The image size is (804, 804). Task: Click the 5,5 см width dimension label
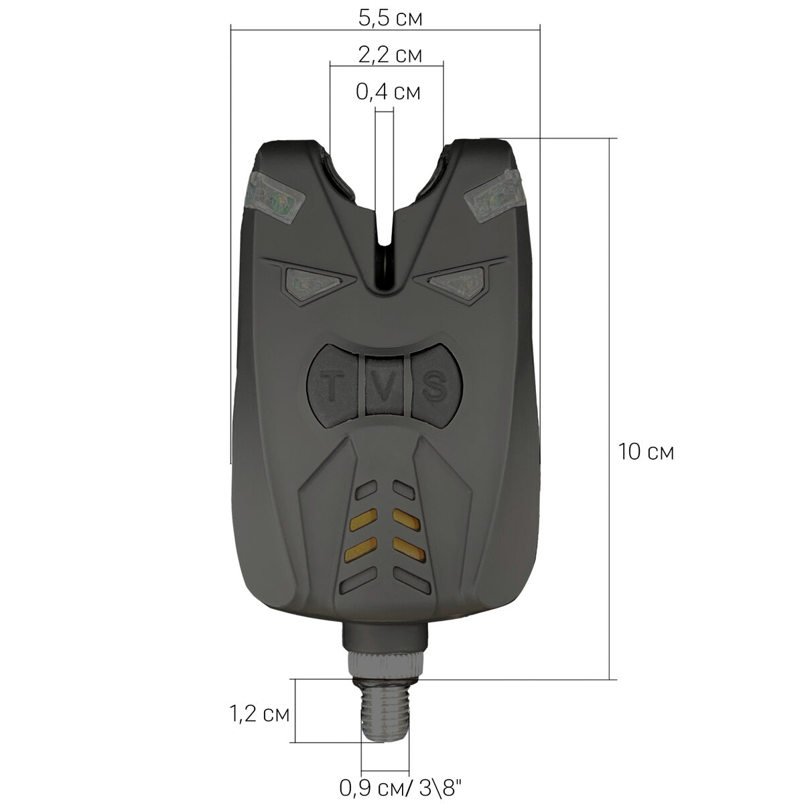coord(390,18)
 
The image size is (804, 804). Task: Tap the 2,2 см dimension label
coord(390,55)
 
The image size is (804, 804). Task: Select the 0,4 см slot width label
coord(388,92)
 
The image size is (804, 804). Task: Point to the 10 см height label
coord(645,452)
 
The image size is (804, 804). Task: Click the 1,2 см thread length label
coord(259,714)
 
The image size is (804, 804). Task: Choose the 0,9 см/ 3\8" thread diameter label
coord(401,787)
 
